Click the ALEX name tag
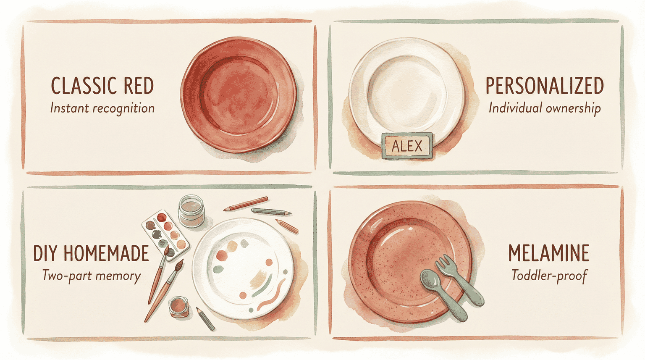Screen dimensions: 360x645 [406, 146]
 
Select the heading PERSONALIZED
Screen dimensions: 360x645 [545, 86]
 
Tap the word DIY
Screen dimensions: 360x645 [45, 253]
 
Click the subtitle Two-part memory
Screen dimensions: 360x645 [91, 276]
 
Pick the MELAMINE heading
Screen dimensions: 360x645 [548, 253]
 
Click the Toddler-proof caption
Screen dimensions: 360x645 [549, 276]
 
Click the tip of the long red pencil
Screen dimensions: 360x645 [225, 208]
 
